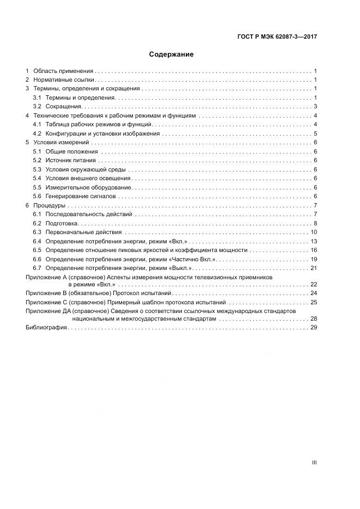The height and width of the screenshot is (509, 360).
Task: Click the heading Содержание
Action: click(172, 54)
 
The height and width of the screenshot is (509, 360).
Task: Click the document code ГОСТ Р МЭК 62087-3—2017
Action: click(277, 37)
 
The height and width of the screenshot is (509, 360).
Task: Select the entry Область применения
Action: click(63, 71)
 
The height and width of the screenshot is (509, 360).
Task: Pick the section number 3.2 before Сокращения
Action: click(37, 106)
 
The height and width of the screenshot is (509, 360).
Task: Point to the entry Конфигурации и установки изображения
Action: click(102, 133)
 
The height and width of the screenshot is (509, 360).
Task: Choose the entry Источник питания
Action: click(70, 160)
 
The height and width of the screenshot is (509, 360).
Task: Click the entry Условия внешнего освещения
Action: click(88, 178)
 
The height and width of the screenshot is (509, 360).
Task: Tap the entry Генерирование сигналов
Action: click(81, 196)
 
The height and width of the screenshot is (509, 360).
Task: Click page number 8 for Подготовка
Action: click(315, 224)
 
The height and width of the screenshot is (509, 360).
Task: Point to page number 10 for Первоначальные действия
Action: click(314, 232)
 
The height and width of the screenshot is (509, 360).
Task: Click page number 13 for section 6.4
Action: click(314, 241)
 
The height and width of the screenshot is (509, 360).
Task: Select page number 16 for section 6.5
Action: click(314, 250)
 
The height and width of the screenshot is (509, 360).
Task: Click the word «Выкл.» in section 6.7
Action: click(180, 268)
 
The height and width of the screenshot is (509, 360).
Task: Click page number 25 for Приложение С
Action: click(314, 302)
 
